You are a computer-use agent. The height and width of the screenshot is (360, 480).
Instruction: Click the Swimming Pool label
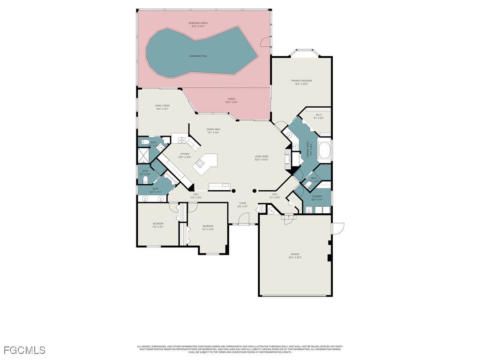point(198,56)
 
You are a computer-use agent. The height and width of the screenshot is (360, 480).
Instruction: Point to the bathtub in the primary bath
point(324,151)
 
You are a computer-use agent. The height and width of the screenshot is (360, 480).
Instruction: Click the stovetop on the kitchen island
point(201,164)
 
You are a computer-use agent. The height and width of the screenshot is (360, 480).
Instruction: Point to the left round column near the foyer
point(233,191)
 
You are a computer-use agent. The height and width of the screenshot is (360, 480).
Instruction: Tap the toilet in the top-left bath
point(145,142)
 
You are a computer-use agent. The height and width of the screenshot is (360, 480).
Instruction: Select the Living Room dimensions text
point(261,160)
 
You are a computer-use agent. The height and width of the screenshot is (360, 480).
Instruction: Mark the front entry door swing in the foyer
point(243,218)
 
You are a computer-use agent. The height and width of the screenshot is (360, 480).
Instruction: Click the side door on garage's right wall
point(337,228)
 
